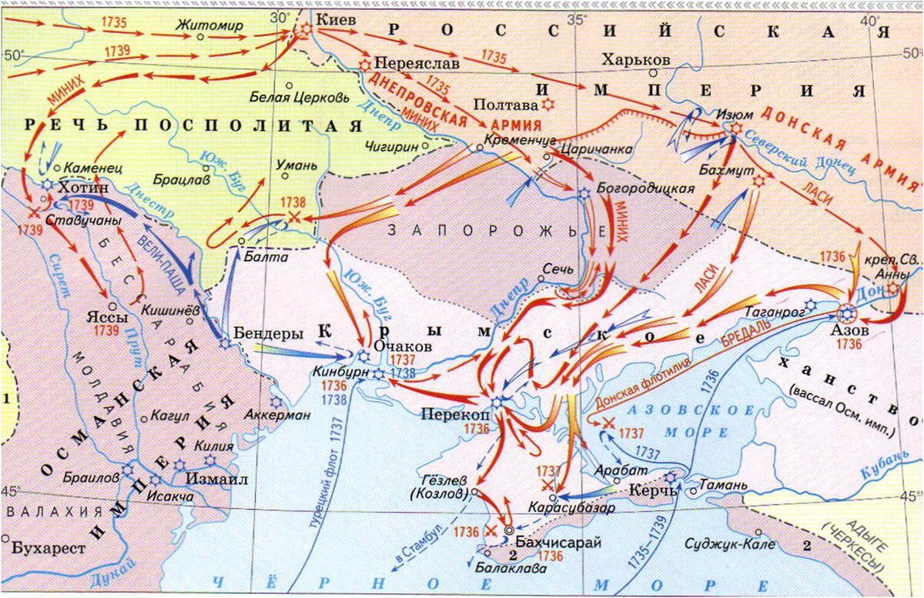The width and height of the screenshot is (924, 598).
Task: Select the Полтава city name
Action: pos(505,104)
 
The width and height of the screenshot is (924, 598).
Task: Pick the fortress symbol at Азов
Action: pos(846,314)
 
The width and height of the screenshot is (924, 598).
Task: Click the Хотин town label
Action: pos(85,187)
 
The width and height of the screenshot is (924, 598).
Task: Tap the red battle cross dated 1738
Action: pos(293,218)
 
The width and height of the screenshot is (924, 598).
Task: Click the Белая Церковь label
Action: pos(300,98)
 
